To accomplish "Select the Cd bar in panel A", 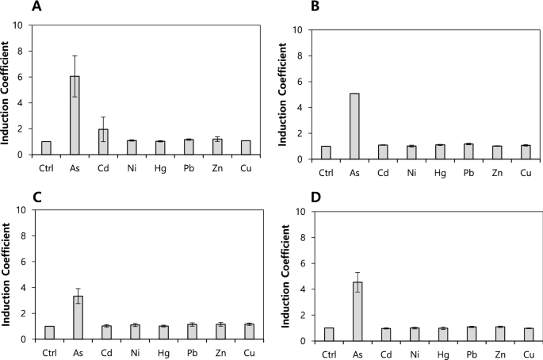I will (x=102, y=142).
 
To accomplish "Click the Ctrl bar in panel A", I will (x=46, y=148).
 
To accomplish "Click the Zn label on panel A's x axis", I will (x=216, y=167).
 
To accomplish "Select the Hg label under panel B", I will (x=441, y=172).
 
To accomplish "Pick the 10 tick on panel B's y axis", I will (x=299, y=30).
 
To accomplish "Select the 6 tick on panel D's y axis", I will (x=302, y=263).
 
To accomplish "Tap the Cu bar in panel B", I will (x=525, y=153).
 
